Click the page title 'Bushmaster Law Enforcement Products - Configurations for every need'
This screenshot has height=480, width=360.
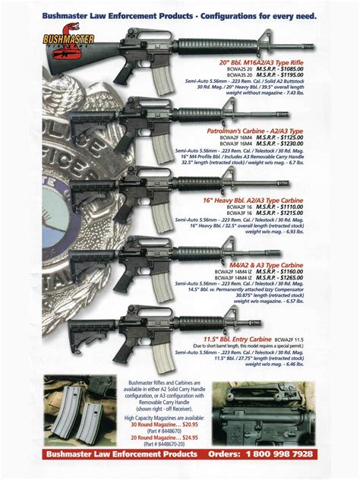[179, 14]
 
